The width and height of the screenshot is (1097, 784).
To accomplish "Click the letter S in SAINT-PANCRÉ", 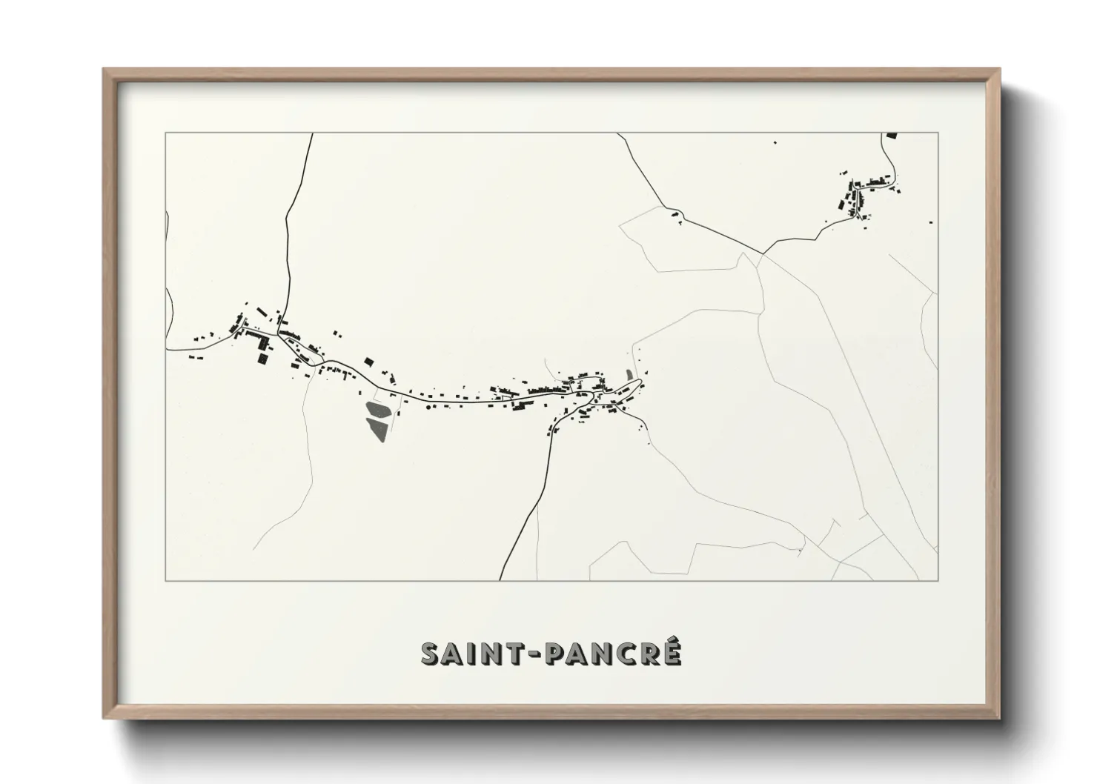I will [432, 653].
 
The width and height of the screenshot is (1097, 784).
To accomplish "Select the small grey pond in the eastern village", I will [631, 376].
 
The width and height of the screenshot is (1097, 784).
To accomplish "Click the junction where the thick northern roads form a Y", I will [762, 253].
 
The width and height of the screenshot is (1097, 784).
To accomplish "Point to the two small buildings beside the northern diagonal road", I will [675, 214].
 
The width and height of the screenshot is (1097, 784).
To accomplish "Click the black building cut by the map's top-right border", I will [892, 136].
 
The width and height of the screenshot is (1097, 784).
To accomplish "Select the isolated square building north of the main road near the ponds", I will [368, 362].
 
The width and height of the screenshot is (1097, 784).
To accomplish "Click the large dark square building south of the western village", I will [262, 358].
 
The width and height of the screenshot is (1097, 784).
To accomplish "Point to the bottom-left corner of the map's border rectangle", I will [165, 580].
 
